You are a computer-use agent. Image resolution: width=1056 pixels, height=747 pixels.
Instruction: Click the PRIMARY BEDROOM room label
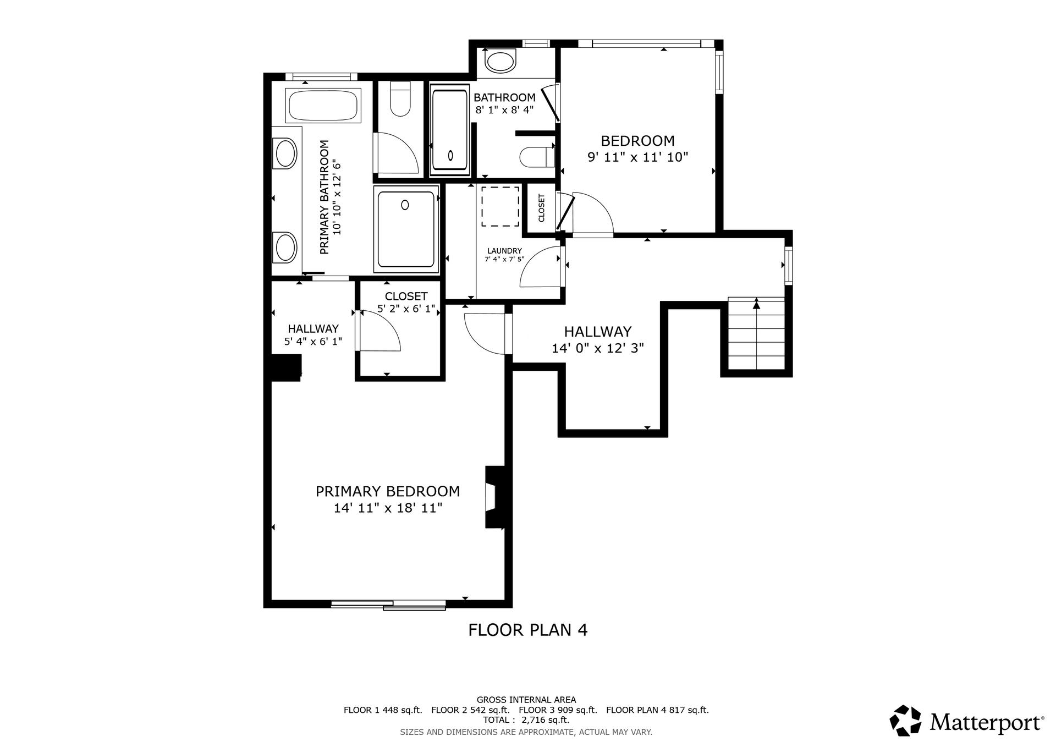pyautogui.click(x=388, y=491)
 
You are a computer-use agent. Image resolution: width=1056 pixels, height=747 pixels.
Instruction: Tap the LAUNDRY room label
pyautogui.click(x=504, y=251)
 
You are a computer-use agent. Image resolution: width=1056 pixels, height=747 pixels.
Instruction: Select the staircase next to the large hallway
pyautogui.click(x=756, y=333)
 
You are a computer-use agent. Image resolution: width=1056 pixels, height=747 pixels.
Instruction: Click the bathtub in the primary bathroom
pyautogui.click(x=323, y=105)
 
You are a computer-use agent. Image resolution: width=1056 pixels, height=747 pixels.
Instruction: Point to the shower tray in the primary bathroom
pyautogui.click(x=406, y=229)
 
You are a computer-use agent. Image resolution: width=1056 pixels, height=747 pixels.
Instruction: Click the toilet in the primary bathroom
pyautogui.click(x=400, y=99)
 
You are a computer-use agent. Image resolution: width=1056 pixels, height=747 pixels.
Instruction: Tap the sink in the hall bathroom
pyautogui.click(x=501, y=61)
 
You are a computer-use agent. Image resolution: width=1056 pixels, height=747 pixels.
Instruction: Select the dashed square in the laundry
pyautogui.click(x=501, y=206)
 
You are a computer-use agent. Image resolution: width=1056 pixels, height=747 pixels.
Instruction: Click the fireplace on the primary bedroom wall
pyautogui.click(x=494, y=497)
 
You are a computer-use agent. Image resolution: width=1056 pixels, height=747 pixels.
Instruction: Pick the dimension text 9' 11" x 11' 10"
pyautogui.click(x=638, y=157)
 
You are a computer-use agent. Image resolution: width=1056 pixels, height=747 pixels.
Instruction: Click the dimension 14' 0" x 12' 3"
pyautogui.click(x=598, y=348)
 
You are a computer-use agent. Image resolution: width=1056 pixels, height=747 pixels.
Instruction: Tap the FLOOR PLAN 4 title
pyautogui.click(x=528, y=630)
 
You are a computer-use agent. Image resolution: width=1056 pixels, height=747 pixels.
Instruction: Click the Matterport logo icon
pyautogui.click(x=905, y=721)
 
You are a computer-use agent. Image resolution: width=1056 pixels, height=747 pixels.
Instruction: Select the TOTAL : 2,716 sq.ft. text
pyautogui.click(x=526, y=719)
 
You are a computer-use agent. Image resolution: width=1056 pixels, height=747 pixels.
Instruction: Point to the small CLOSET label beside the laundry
pyautogui.click(x=541, y=208)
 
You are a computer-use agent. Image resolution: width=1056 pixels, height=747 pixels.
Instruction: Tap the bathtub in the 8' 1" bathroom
pyautogui.click(x=450, y=130)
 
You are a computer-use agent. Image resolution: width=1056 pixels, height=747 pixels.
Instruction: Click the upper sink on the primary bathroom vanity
pyautogui.click(x=286, y=153)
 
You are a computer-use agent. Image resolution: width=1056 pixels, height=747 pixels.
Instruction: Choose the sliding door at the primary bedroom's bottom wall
pyautogui.click(x=388, y=605)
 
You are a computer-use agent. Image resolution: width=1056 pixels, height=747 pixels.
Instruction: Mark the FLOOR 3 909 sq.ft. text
pyautogui.click(x=558, y=710)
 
